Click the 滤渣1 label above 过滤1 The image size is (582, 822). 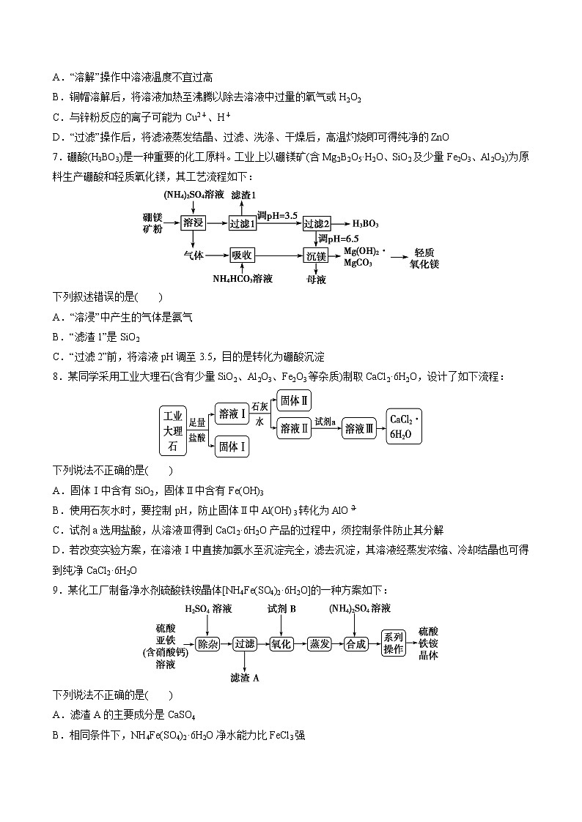click(243, 195)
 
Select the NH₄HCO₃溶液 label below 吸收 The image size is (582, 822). click(243, 279)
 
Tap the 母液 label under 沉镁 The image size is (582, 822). click(316, 279)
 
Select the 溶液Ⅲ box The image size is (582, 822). click(360, 428)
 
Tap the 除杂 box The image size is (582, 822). click(208, 643)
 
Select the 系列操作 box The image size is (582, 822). click(394, 643)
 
